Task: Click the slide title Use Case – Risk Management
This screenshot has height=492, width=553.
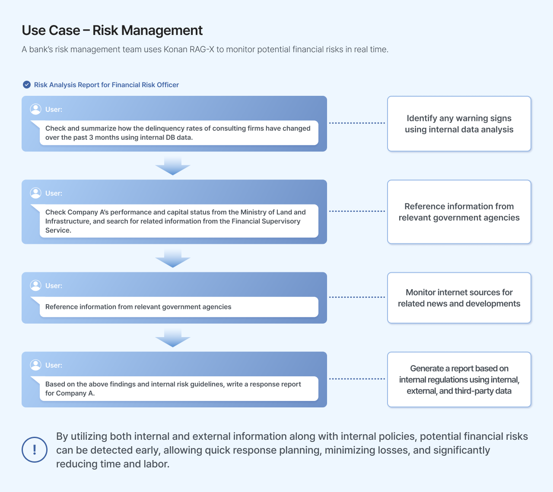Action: coord(112,30)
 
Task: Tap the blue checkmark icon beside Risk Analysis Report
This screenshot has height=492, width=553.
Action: coord(27,85)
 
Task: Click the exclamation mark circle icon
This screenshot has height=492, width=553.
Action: coord(35,450)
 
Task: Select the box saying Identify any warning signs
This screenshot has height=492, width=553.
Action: coord(459,123)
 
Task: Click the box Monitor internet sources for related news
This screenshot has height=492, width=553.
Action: coord(459,298)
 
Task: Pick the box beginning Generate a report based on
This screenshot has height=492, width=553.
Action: coord(459,380)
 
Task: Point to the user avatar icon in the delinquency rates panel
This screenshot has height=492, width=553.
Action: coord(36,109)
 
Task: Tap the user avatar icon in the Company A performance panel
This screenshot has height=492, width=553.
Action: coord(36,193)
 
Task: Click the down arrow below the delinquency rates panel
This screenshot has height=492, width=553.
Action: coord(173,166)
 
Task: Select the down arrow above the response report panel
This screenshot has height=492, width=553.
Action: coord(173,337)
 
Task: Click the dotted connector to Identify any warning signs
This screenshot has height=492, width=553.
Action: coord(357,123)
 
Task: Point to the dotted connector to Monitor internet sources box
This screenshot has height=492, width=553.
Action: coord(357,297)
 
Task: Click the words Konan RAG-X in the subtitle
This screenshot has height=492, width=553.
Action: coord(189,49)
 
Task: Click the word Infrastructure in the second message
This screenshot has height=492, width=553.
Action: coord(67,221)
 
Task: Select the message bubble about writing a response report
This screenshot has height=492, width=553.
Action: coord(179,388)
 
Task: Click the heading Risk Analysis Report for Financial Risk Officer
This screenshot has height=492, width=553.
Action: coord(106,85)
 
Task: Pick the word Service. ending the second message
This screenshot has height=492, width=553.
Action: coord(58,230)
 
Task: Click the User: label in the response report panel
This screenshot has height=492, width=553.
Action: coord(54,365)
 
